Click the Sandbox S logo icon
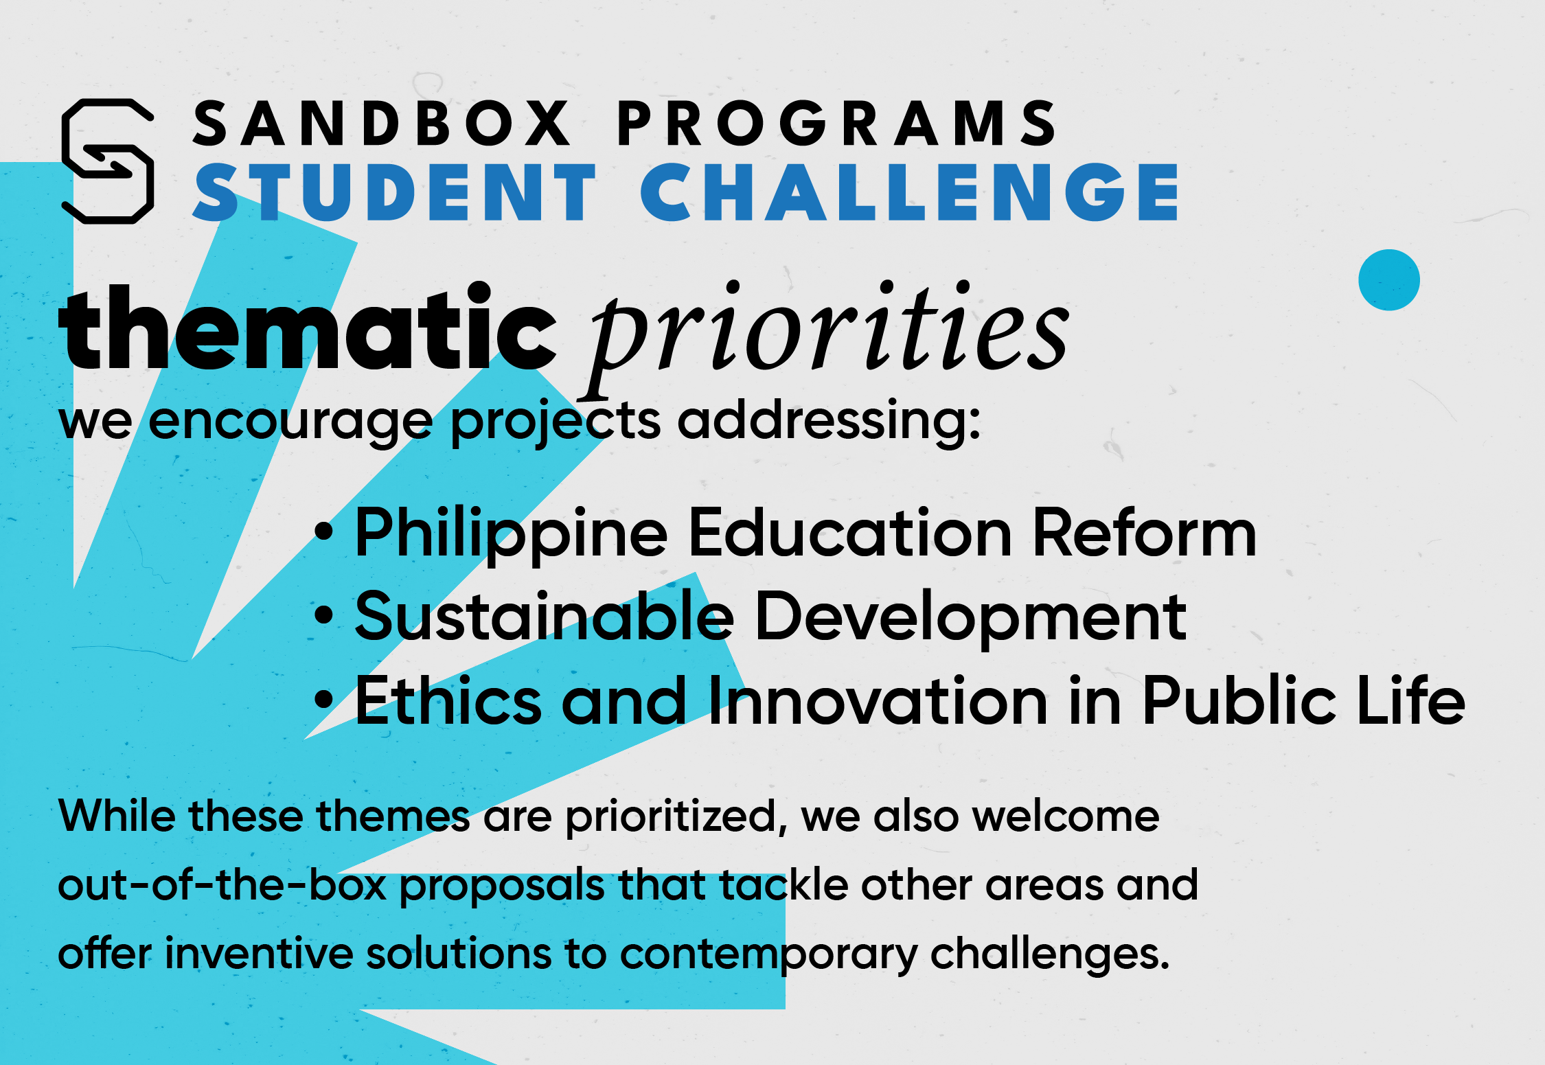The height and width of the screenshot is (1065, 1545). coord(108,161)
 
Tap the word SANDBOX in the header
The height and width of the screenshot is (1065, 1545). coord(382,124)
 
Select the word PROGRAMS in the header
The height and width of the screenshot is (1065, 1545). coord(837,124)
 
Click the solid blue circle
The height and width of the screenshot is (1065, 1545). coord(1389,280)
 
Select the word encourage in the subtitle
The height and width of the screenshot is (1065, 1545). coord(291,423)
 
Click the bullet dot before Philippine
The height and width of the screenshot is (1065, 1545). coord(323,531)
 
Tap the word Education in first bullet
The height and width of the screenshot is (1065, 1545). coord(850,533)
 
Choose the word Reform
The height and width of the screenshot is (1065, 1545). coord(1145,533)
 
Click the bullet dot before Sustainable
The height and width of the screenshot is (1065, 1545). coord(323,615)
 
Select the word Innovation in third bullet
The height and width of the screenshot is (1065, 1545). coord(878,700)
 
